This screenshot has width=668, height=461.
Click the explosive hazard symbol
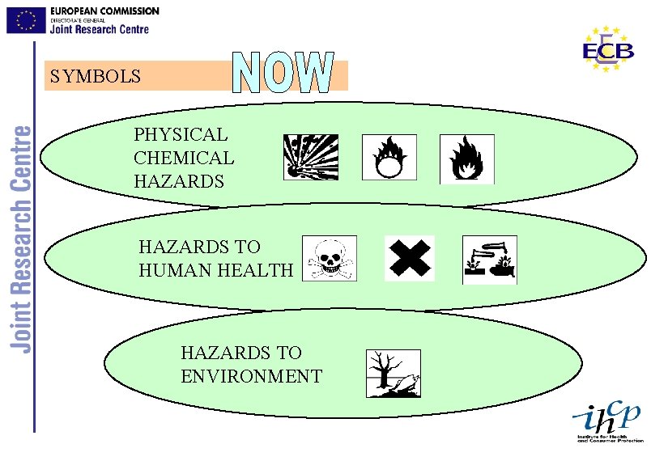pyautogui.click(x=310, y=157)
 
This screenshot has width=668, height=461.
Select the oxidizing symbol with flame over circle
pyautogui.click(x=389, y=158)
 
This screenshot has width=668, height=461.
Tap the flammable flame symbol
pyautogui.click(x=466, y=159)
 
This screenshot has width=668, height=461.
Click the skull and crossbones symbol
pyautogui.click(x=328, y=259)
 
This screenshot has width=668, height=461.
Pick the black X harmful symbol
pyautogui.click(x=410, y=259)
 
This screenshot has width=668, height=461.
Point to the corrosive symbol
pyautogui.click(x=489, y=260)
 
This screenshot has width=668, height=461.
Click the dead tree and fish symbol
pyautogui.click(x=394, y=374)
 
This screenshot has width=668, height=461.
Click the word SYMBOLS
pyautogui.click(x=95, y=77)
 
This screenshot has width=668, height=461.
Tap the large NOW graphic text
pyautogui.click(x=284, y=73)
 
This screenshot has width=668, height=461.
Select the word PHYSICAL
pyautogui.click(x=181, y=134)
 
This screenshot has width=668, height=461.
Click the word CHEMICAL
pyautogui.click(x=184, y=158)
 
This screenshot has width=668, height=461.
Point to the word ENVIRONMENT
pyautogui.click(x=251, y=376)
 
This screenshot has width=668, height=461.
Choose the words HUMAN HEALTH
pyautogui.click(x=216, y=270)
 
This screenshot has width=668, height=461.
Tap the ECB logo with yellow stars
pyautogui.click(x=608, y=49)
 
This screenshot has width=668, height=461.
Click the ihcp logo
pyautogui.click(x=607, y=421)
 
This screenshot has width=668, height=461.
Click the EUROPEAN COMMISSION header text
pyautogui.click(x=104, y=11)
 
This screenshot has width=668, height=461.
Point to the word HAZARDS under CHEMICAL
pyautogui.click(x=179, y=181)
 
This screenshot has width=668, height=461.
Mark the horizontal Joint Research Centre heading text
pyautogui.click(x=100, y=29)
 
